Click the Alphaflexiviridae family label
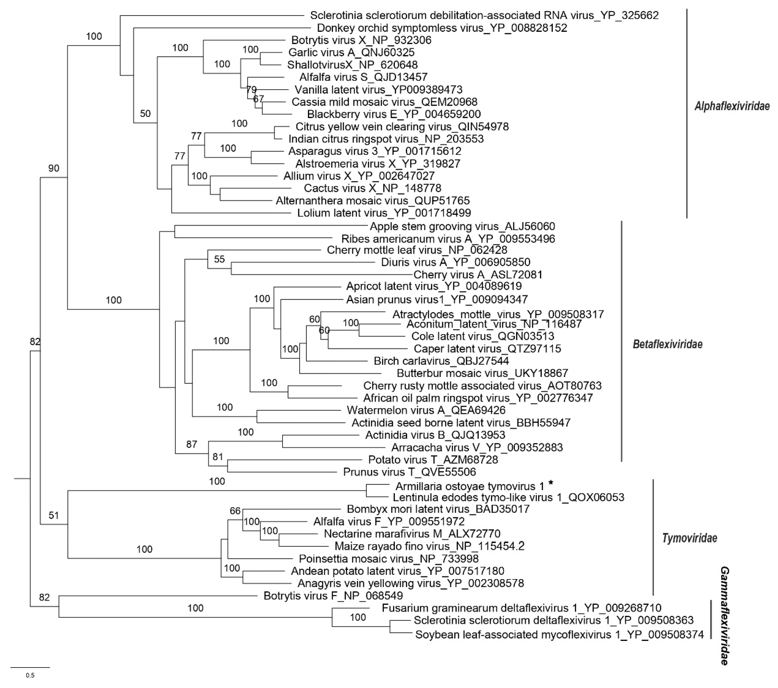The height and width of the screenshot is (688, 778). click(x=732, y=106)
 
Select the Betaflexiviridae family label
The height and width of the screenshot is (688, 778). click(x=667, y=344)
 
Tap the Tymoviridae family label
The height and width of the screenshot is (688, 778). click(x=689, y=538)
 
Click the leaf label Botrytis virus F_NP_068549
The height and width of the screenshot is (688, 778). click(x=333, y=595)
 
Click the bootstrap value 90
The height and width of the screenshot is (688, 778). click(x=54, y=168)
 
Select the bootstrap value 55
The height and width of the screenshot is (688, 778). click(x=219, y=259)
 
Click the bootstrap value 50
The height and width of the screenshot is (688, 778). click(x=146, y=113)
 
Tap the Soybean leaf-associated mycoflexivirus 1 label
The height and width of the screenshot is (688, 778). click(x=559, y=635)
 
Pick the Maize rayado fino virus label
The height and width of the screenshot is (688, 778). click(x=429, y=546)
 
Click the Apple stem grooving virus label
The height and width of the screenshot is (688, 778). click(x=462, y=226)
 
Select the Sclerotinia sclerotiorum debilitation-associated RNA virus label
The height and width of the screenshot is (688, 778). click(x=484, y=15)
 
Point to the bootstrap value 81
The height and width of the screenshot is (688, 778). click(x=218, y=457)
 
